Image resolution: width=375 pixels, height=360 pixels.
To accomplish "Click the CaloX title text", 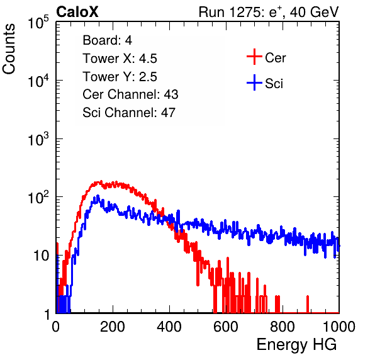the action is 77,12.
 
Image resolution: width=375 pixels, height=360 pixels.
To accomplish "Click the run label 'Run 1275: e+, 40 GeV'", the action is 269,12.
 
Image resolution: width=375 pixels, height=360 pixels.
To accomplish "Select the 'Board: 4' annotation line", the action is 107,40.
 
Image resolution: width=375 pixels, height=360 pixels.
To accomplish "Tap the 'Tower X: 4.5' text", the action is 120,59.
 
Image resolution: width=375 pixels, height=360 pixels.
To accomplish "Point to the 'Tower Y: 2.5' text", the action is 120,77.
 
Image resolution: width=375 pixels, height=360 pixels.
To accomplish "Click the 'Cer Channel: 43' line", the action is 130,94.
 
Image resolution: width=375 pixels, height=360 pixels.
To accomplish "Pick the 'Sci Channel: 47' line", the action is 129,113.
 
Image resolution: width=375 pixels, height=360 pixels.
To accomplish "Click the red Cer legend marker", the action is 254,57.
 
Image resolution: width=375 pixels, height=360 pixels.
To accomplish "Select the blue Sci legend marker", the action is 254,83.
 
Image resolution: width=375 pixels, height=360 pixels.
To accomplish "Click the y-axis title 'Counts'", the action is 9,49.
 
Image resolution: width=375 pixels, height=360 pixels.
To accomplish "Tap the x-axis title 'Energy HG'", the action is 296,345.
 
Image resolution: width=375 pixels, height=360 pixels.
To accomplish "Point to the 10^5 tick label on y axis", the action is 38,23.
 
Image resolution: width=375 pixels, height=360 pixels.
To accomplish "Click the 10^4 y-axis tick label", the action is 38,81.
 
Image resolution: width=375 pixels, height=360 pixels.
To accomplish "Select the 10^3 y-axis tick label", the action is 38,140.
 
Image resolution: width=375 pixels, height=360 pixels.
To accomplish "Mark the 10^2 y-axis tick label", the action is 38,198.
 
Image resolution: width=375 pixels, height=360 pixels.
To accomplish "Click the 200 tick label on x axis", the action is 113,327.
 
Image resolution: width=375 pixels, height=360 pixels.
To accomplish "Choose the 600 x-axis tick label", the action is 226,327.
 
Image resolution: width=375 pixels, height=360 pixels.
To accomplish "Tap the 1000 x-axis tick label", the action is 339,327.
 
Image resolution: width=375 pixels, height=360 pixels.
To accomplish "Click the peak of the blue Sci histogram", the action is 98,196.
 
